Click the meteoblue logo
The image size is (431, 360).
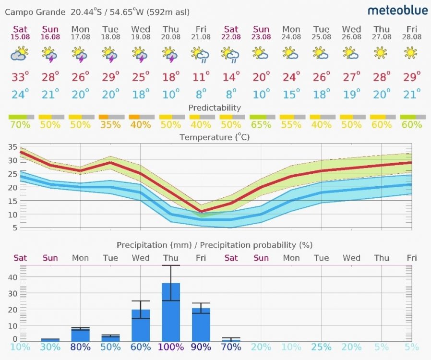pos(397,11)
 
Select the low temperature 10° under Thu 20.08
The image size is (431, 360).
pos(170,95)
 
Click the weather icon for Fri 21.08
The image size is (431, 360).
pos(200,55)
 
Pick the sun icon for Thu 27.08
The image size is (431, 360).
pos(381,53)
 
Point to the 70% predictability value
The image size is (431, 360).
pos(20,125)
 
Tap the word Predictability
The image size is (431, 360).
pos(215,108)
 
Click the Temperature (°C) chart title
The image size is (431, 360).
pos(215,138)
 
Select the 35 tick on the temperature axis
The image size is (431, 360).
pos(12,147)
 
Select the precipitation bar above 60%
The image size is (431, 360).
pos(141,325)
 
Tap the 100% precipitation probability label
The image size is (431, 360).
pos(171,347)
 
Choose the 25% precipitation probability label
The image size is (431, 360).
pos(321,347)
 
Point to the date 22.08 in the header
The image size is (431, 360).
pos(231,37)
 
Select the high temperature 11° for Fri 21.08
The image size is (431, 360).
pos(200,77)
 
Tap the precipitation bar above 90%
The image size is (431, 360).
pos(201,324)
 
